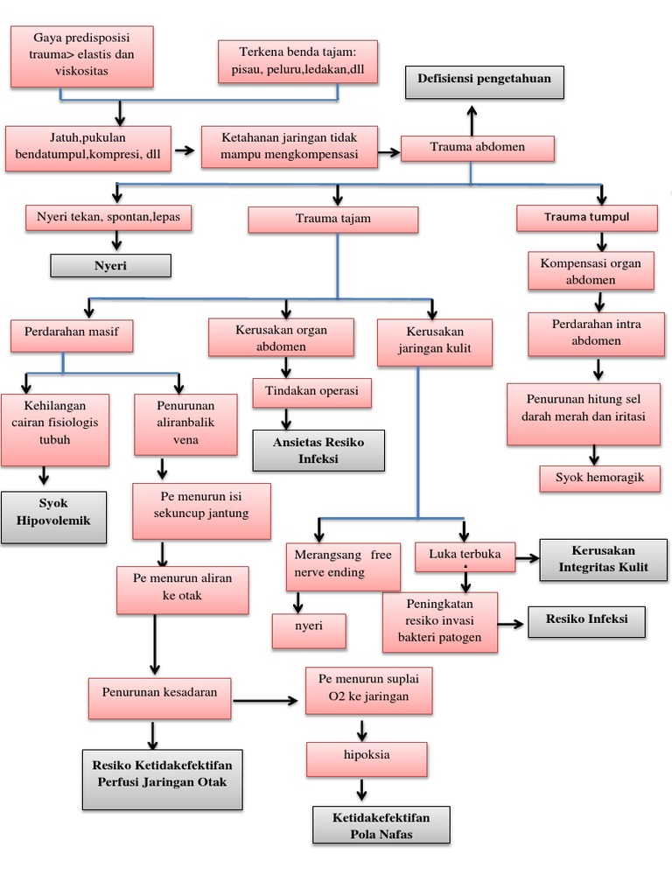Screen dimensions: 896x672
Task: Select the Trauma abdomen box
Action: pyautogui.click(x=478, y=148)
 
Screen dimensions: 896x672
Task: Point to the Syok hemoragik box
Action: pyautogui.click(x=598, y=478)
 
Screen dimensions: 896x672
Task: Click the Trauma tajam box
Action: pyautogui.click(x=332, y=220)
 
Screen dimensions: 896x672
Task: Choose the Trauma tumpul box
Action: pyautogui.click(x=586, y=218)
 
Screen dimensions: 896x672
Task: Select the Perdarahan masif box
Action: pyautogui.click(x=72, y=332)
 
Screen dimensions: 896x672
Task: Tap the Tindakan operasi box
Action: pyautogui.click(x=311, y=393)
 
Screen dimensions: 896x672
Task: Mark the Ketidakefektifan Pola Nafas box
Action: pyautogui.click(x=381, y=825)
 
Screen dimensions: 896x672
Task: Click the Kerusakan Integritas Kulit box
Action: pyautogui.click(x=603, y=559)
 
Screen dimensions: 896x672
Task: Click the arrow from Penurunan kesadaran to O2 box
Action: pyautogui.click(x=266, y=700)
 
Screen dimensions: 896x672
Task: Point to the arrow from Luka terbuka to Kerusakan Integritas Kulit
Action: pyautogui.click(x=527, y=556)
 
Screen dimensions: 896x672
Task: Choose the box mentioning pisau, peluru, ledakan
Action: pyautogui.click(x=297, y=62)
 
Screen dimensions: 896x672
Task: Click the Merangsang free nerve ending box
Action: pyautogui.click(x=343, y=566)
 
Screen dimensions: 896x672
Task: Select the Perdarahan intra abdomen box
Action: pyautogui.click(x=596, y=333)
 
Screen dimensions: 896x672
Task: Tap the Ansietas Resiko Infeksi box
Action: pyautogui.click(x=318, y=451)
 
